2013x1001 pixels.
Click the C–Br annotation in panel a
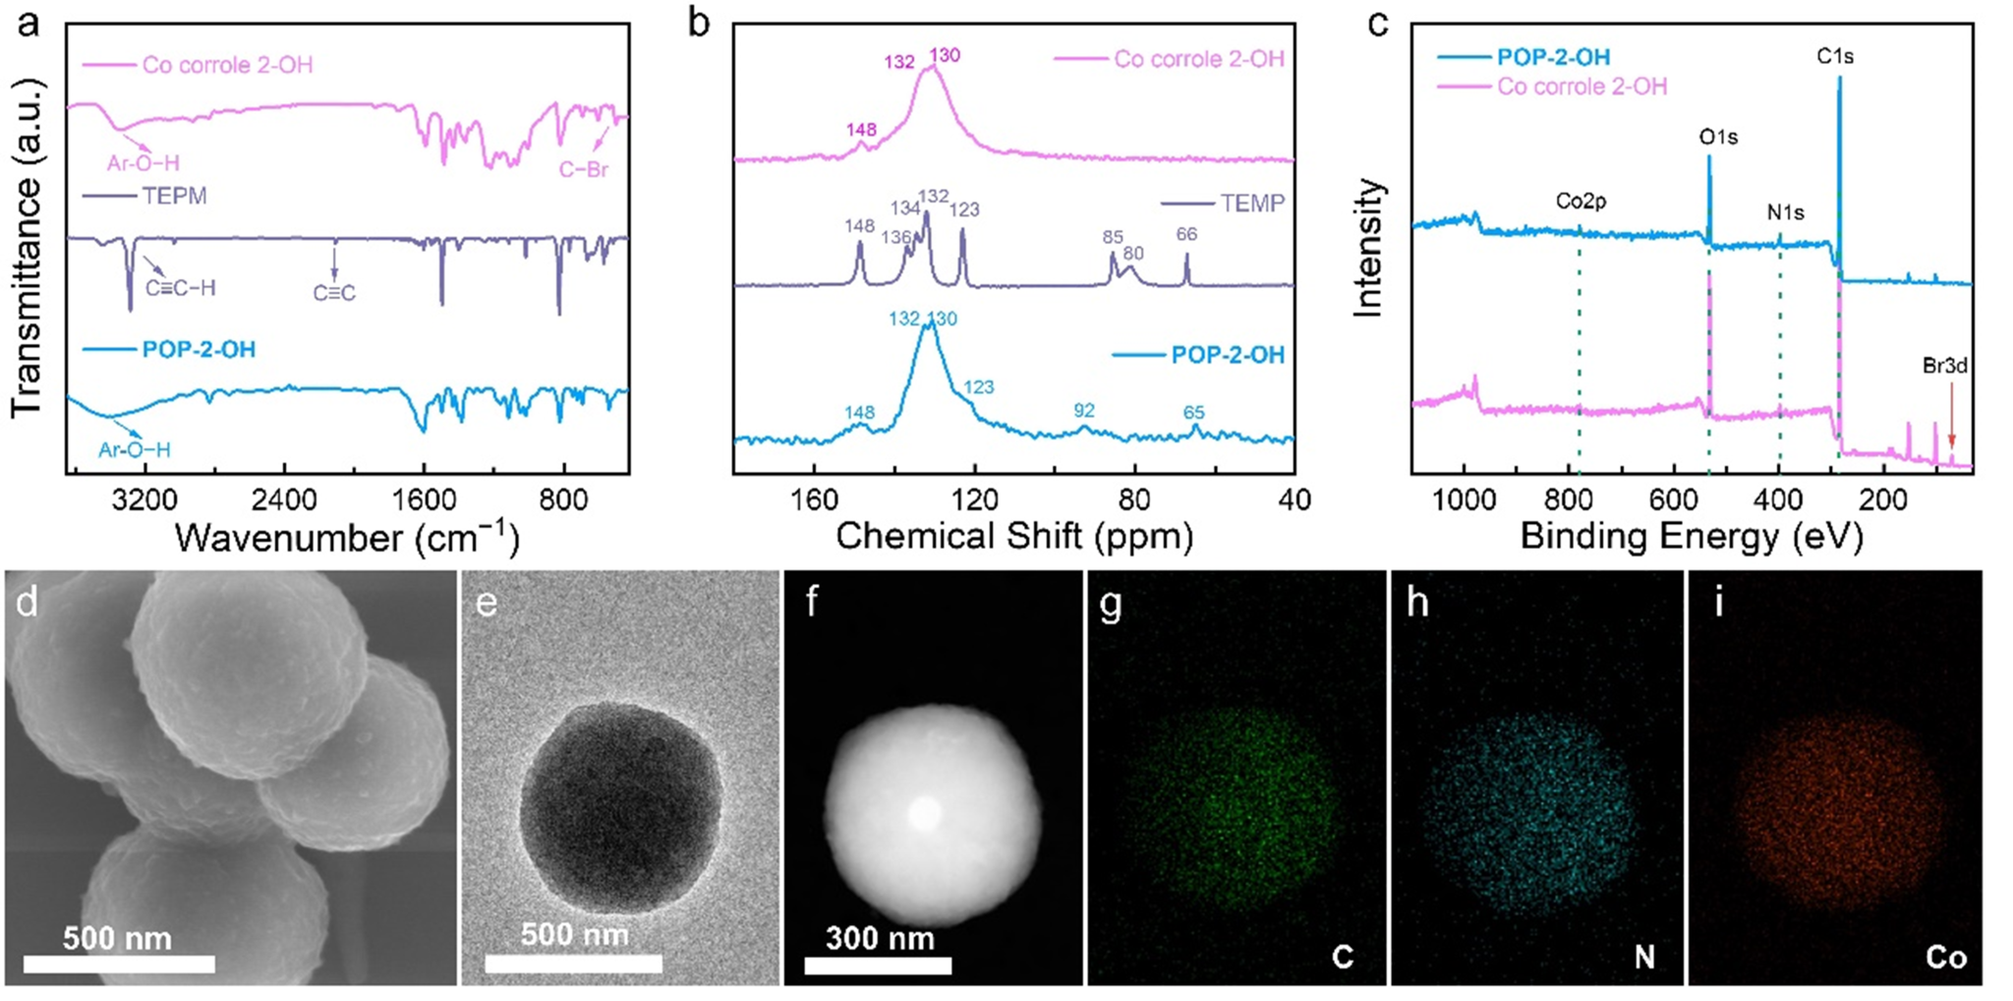click(584, 169)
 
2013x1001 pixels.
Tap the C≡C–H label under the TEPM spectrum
click(181, 288)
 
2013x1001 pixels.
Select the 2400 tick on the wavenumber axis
click(284, 500)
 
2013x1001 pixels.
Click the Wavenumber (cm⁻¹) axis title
click(347, 538)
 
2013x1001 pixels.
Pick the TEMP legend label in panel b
click(1252, 204)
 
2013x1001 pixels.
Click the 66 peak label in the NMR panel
click(1186, 234)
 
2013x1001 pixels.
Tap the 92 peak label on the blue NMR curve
click(1084, 411)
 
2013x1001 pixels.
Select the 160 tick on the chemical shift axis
click(815, 500)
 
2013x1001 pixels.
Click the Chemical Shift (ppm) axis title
click(1013, 536)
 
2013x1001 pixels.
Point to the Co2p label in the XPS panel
click(1581, 202)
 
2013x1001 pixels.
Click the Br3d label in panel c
click(1945, 366)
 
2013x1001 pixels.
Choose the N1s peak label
click(1785, 212)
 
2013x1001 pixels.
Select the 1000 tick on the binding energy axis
click(1465, 500)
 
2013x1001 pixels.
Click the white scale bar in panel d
click(119, 964)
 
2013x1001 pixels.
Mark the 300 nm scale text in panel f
click(880, 938)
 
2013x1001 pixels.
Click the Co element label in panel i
click(1946, 957)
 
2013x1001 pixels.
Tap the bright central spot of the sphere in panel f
click(924, 811)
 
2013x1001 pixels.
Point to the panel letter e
click(487, 602)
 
